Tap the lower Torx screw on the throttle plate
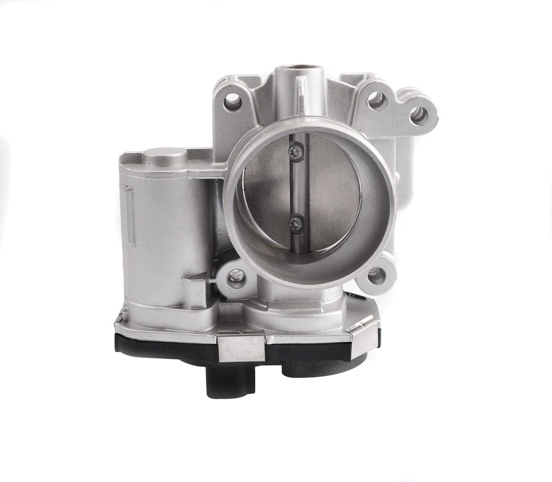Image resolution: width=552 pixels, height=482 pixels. (x=297, y=223)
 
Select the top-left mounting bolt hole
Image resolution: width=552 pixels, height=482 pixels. (x=232, y=102)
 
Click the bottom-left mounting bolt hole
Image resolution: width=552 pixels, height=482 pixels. (x=236, y=279)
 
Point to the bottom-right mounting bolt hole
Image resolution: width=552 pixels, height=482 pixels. (x=376, y=276)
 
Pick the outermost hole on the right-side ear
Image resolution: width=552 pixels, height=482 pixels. (x=419, y=115)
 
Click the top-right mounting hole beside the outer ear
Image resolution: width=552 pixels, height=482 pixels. (x=377, y=101)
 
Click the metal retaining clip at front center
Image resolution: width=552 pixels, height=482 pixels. (x=241, y=348)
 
